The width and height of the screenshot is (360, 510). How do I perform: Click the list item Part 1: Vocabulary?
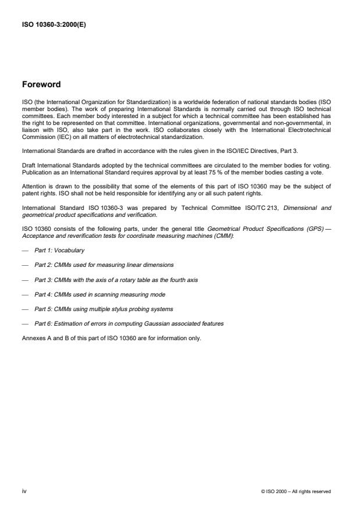click(x=59, y=250)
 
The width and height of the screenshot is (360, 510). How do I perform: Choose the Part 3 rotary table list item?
click(x=116, y=280)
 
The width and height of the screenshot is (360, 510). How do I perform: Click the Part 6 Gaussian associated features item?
click(x=129, y=323)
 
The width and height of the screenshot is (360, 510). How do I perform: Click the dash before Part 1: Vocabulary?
click(x=25, y=250)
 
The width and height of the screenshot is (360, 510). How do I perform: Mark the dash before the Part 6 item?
click(x=25, y=323)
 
